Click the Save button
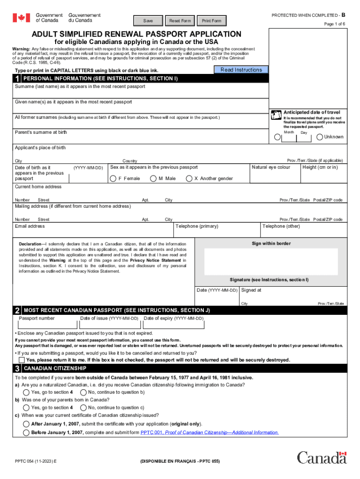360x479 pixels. pyautogui.click(x=148, y=21)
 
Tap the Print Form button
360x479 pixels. pyautogui.click(x=211, y=21)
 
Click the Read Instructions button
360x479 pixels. pyautogui.click(x=241, y=70)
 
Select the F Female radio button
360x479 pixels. pyautogui.click(x=113, y=178)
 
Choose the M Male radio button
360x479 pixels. pyautogui.click(x=153, y=178)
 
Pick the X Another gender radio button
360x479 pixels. pyautogui.click(x=189, y=178)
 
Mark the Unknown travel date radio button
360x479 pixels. pyautogui.click(x=320, y=137)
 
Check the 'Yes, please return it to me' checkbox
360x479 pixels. pyautogui.click(x=22, y=360)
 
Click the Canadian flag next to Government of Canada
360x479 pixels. pyautogui.click(x=21, y=18)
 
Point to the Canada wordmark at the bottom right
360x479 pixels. pyautogui.click(x=322, y=457)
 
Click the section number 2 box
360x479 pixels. pyautogui.click(x=17, y=311)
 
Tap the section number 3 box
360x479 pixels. pyautogui.click(x=17, y=369)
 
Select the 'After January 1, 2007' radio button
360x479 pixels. pyautogui.click(x=26, y=424)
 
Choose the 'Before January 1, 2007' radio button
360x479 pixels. pyautogui.click(x=26, y=433)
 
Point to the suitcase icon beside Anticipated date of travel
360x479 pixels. pyautogui.click(x=276, y=113)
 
